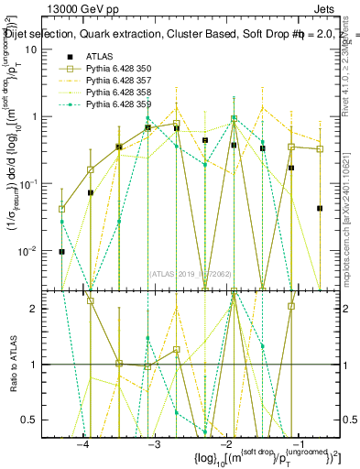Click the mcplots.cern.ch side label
[x=349, y=220]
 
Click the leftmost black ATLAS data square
[x=61, y=251]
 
